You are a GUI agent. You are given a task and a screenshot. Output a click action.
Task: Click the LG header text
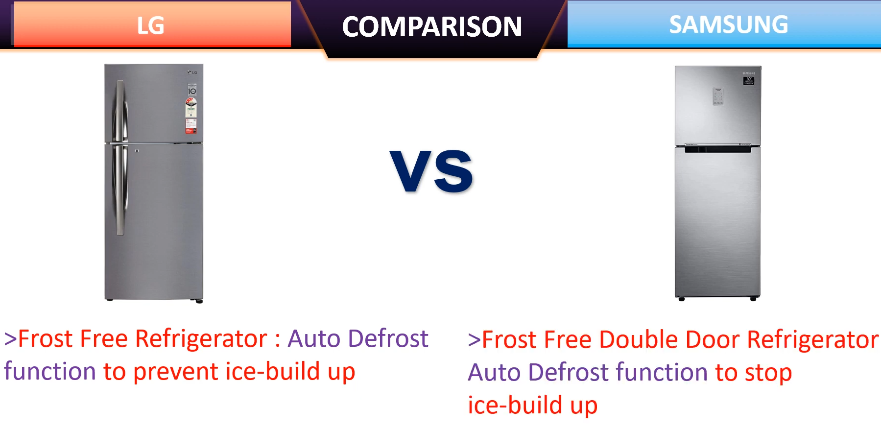(x=150, y=25)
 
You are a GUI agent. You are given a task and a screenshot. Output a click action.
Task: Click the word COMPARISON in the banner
(x=431, y=26)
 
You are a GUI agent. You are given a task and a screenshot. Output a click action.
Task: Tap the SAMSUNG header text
(x=728, y=24)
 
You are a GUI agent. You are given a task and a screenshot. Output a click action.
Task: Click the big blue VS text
(x=431, y=171)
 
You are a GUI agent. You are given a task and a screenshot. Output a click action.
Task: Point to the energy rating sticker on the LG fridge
(x=191, y=116)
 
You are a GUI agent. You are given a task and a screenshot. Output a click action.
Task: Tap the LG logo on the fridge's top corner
(x=192, y=72)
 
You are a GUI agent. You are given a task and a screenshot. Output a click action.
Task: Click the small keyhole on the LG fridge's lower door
(x=137, y=150)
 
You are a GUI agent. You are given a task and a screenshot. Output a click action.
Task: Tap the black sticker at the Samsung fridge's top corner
(x=748, y=80)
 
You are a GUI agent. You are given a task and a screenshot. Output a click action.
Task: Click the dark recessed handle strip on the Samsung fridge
(x=717, y=149)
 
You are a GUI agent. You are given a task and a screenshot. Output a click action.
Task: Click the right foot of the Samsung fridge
(x=753, y=298)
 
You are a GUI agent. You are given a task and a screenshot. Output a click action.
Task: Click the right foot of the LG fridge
(x=199, y=301)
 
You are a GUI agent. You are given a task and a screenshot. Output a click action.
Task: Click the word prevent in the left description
(x=176, y=371)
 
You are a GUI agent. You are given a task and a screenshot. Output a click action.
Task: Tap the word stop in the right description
(x=768, y=373)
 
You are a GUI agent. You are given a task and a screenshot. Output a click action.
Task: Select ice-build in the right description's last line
(x=515, y=406)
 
